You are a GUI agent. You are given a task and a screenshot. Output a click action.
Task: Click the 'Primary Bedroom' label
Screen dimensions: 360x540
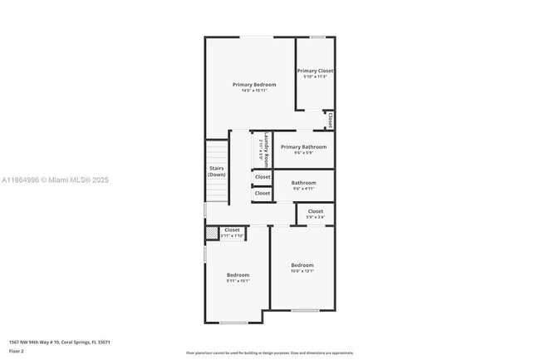[253, 84]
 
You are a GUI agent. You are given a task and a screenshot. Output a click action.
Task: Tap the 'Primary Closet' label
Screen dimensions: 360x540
[315, 71]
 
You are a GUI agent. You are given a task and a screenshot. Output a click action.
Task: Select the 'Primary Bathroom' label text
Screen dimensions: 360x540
[303, 146]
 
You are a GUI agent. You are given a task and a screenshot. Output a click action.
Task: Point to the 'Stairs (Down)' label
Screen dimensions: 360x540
[216, 172]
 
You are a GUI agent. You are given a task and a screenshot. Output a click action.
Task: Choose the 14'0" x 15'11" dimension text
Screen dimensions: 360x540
[253, 91]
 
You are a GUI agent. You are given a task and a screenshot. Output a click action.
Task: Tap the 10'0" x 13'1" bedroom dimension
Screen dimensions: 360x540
[302, 271]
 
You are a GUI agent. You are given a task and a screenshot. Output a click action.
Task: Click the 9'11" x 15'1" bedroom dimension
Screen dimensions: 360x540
[238, 281]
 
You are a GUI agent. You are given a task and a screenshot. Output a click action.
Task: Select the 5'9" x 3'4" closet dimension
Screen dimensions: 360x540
[316, 218]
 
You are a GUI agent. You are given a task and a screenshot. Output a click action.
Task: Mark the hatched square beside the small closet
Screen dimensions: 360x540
[211, 233]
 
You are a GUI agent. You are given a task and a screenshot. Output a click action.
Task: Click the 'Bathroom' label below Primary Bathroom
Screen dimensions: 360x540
[303, 182]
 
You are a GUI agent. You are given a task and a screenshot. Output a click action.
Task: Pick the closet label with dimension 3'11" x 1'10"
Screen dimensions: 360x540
[232, 229]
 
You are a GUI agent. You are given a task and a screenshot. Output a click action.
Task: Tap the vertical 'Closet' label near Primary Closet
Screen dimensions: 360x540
[331, 121]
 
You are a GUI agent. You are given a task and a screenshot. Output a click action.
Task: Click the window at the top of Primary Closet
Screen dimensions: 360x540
[317, 37]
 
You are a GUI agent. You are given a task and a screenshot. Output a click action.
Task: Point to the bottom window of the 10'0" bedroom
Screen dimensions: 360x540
[304, 310]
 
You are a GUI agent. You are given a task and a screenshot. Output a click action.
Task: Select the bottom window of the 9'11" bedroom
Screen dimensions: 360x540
[233, 323]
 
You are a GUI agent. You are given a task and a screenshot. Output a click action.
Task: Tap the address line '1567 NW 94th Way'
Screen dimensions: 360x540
[60, 342]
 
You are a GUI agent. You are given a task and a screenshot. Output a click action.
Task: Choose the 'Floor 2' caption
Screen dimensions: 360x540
[17, 352]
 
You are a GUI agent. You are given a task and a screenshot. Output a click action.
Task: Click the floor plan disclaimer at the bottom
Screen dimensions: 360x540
[269, 353]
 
